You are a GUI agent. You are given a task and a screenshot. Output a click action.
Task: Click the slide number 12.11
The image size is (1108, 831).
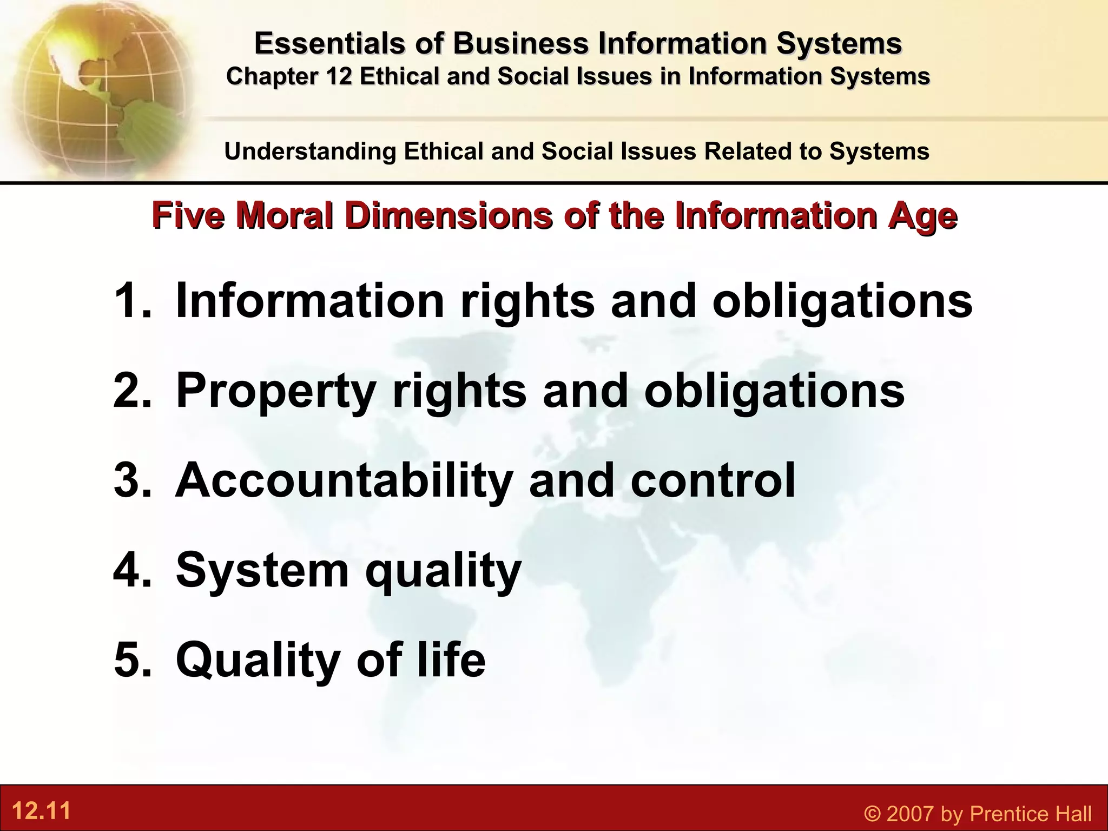tap(41, 812)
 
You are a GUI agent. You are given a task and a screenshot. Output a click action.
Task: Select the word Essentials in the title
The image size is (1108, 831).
tap(329, 43)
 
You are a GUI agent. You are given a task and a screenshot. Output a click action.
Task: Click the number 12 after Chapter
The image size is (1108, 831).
tap(340, 76)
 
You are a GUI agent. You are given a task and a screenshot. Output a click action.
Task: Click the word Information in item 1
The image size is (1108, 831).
tap(310, 301)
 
